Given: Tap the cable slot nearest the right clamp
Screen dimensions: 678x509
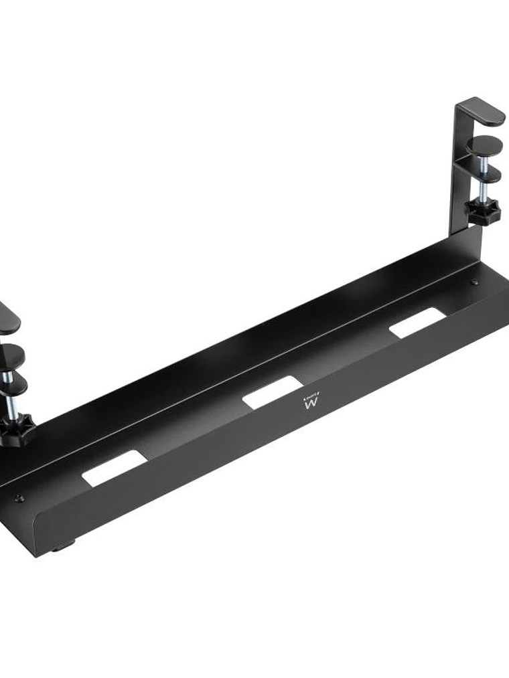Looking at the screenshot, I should coord(417,323).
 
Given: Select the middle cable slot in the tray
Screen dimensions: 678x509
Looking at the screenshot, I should coord(271,392).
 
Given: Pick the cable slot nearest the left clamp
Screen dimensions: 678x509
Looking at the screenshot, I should coord(114,467).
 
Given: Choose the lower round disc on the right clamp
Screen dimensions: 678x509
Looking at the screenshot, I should coord(482,175).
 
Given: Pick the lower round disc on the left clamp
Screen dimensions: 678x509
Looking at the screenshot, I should coord(13,385).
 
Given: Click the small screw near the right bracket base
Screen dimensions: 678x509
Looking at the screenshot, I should coord(474,282).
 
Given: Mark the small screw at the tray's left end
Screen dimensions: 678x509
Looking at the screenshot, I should coord(19,498).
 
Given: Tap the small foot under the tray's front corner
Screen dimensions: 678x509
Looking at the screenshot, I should coord(60,548).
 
